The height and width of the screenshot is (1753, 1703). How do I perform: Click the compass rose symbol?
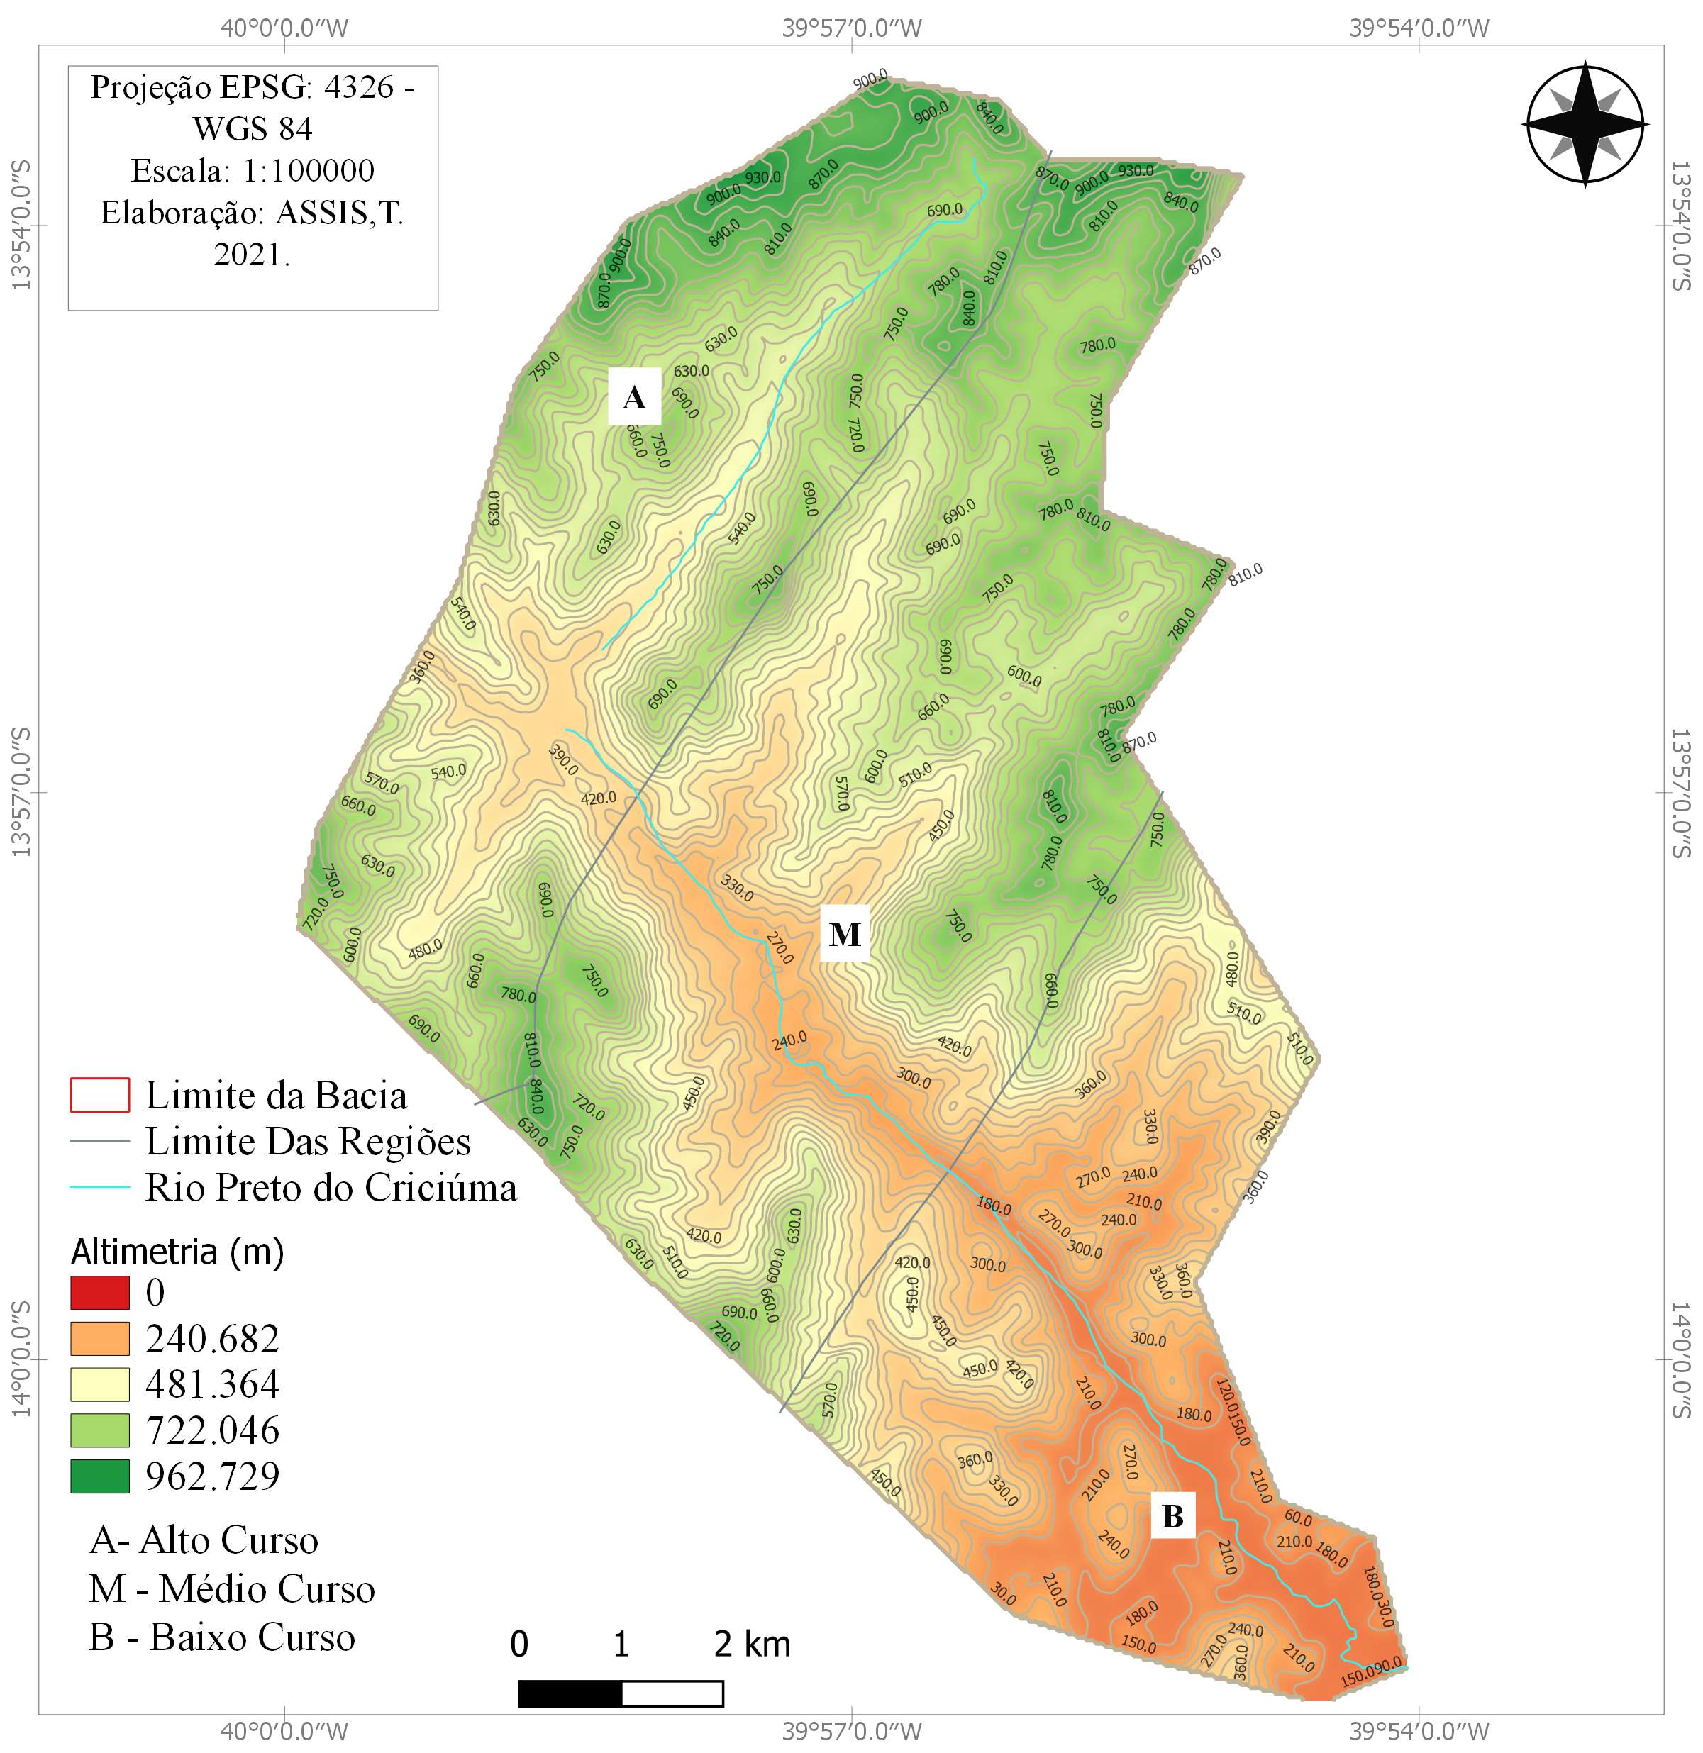pos(1585,123)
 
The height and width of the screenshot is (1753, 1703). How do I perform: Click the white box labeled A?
pos(634,396)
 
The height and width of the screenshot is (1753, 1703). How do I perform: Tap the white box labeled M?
pos(844,935)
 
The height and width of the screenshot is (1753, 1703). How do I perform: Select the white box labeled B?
pos(1172,1516)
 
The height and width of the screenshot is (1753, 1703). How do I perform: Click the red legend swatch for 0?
pos(99,1293)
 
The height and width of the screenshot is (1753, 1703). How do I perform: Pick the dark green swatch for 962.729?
pos(99,1476)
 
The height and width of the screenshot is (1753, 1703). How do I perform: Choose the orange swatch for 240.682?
pos(99,1339)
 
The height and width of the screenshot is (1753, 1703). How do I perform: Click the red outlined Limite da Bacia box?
pos(99,1096)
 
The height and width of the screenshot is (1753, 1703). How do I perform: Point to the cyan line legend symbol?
pos(99,1188)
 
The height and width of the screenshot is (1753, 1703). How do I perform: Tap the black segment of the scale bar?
pos(570,1693)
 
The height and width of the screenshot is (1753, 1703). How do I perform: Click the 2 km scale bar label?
pos(753,1644)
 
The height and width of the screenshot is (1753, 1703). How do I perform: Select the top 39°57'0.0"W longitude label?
pos(851,28)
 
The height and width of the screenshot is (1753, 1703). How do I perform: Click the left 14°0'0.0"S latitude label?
pos(21,1360)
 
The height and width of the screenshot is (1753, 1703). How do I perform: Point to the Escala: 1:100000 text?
pos(253,171)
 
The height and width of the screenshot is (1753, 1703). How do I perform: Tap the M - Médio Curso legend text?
pos(232,1589)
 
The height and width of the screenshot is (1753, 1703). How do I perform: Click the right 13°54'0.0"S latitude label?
pos(1682,226)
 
